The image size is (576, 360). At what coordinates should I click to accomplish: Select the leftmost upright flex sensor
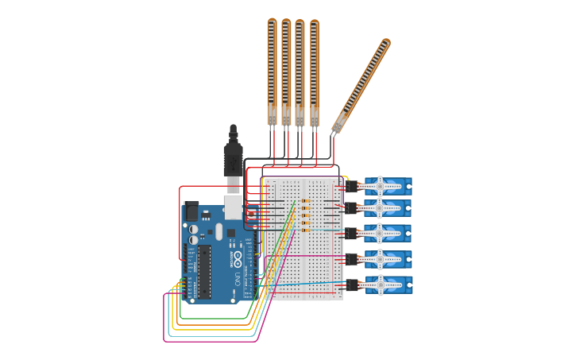272,72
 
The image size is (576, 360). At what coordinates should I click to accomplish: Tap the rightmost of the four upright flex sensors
315,72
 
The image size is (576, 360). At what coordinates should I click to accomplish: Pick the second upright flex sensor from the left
286,72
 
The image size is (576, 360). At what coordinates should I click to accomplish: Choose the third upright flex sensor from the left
300,72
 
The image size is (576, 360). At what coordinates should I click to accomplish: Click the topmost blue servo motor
387,187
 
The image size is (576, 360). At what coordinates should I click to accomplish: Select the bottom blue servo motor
387,285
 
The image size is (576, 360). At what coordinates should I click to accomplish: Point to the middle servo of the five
387,234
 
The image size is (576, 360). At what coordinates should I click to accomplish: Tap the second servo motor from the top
387,208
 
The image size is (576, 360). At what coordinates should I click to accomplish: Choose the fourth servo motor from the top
387,259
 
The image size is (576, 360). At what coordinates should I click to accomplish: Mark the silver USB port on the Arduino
233,207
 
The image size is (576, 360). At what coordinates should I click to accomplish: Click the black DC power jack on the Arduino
191,212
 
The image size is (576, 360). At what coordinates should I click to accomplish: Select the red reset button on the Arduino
252,215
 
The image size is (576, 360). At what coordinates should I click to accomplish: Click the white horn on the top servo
380,187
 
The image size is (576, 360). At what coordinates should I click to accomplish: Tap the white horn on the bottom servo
380,285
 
